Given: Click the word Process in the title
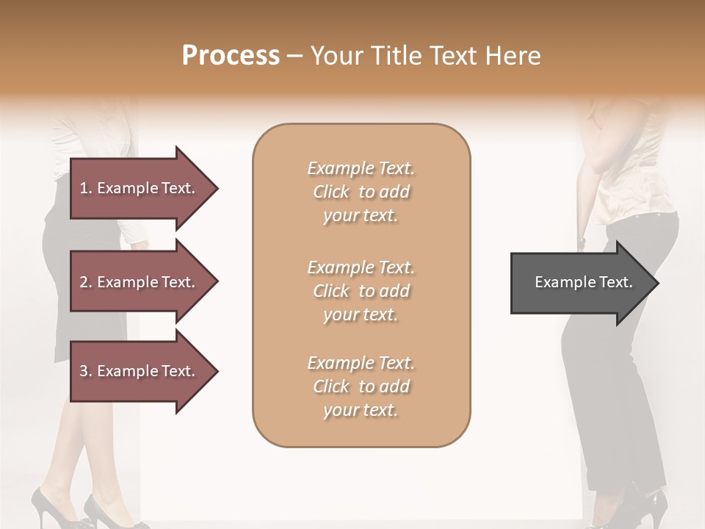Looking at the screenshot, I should (x=231, y=56).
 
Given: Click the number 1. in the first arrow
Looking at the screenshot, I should (x=86, y=188).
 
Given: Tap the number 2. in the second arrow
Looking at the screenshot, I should (x=86, y=282).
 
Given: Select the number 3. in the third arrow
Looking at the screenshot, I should (x=86, y=371).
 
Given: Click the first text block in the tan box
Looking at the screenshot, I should (x=361, y=192).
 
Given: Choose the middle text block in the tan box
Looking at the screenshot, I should (x=361, y=291).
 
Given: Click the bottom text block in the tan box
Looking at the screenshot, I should (x=361, y=386).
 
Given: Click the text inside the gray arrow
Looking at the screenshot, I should (x=583, y=282).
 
